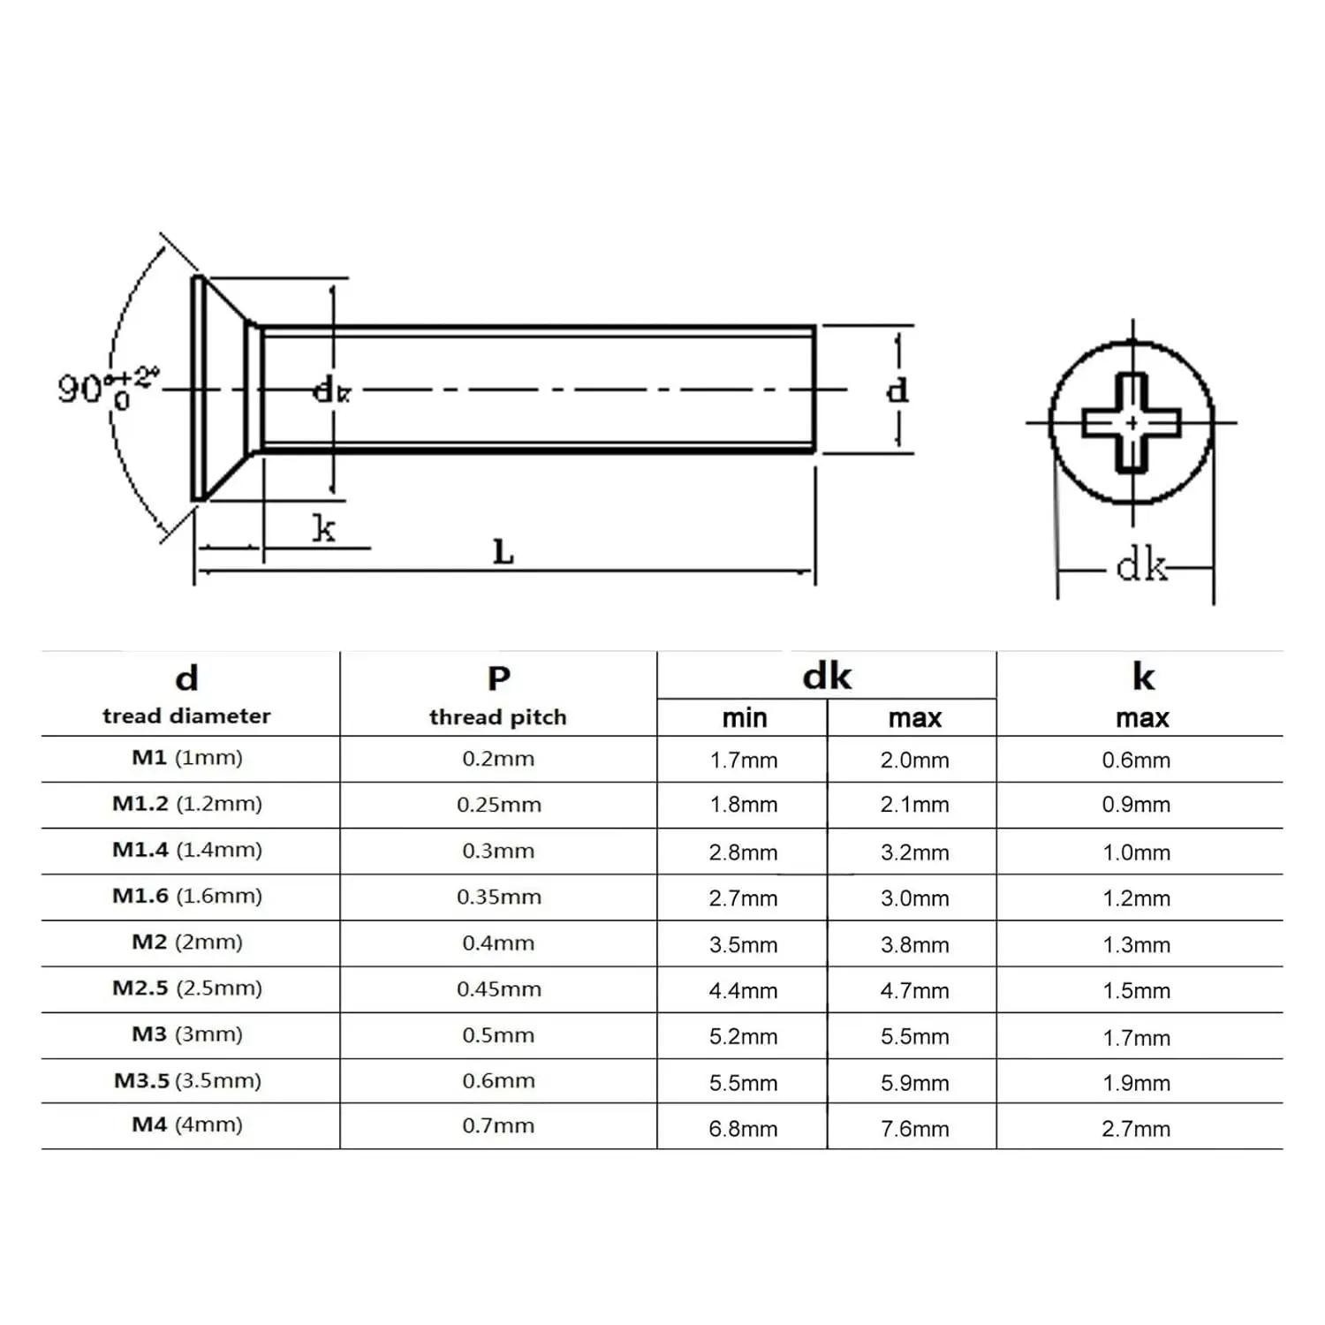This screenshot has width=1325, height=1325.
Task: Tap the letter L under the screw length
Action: coord(503,553)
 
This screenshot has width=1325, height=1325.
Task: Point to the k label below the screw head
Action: coord(324,528)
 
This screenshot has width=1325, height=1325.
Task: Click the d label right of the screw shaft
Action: coord(897,390)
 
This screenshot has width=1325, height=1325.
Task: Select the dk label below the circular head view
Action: coord(1140,565)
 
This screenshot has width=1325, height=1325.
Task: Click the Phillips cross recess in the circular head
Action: coord(1132,423)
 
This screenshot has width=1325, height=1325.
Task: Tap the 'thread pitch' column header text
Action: coord(497,717)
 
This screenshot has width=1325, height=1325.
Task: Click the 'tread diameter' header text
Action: coord(186,716)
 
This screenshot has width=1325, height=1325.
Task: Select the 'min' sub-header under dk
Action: coord(744,718)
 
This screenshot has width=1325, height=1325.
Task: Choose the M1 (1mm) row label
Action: coord(187,758)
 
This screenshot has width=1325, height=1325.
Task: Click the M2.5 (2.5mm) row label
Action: coord(187,988)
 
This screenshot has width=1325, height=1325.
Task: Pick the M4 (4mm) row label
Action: coord(187,1125)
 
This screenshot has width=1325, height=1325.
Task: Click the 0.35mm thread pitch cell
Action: coord(498,897)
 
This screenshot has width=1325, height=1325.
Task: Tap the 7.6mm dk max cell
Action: coord(914,1129)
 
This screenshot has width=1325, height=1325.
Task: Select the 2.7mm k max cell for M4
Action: coord(1136,1129)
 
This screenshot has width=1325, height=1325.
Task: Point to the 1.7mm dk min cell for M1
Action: coord(744,761)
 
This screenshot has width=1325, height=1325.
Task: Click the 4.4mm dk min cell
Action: coord(743,991)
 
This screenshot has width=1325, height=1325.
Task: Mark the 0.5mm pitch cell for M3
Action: coord(498,1035)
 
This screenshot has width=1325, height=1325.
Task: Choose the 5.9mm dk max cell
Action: coord(914,1083)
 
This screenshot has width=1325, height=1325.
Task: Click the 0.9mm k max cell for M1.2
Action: coord(1136,805)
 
